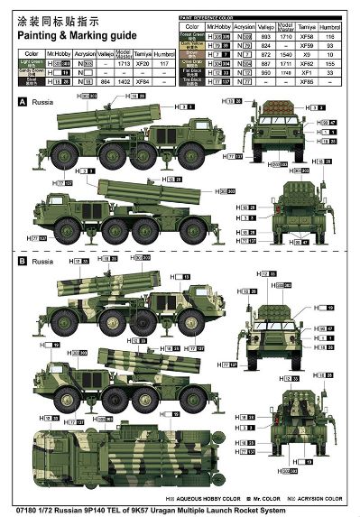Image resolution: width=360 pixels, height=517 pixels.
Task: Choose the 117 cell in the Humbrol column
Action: (x=163, y=65)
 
